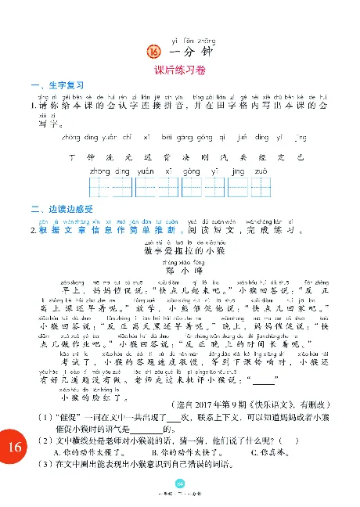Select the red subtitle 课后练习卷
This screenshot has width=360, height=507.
pos(180,71)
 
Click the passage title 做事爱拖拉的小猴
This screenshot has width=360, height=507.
pos(179,250)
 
